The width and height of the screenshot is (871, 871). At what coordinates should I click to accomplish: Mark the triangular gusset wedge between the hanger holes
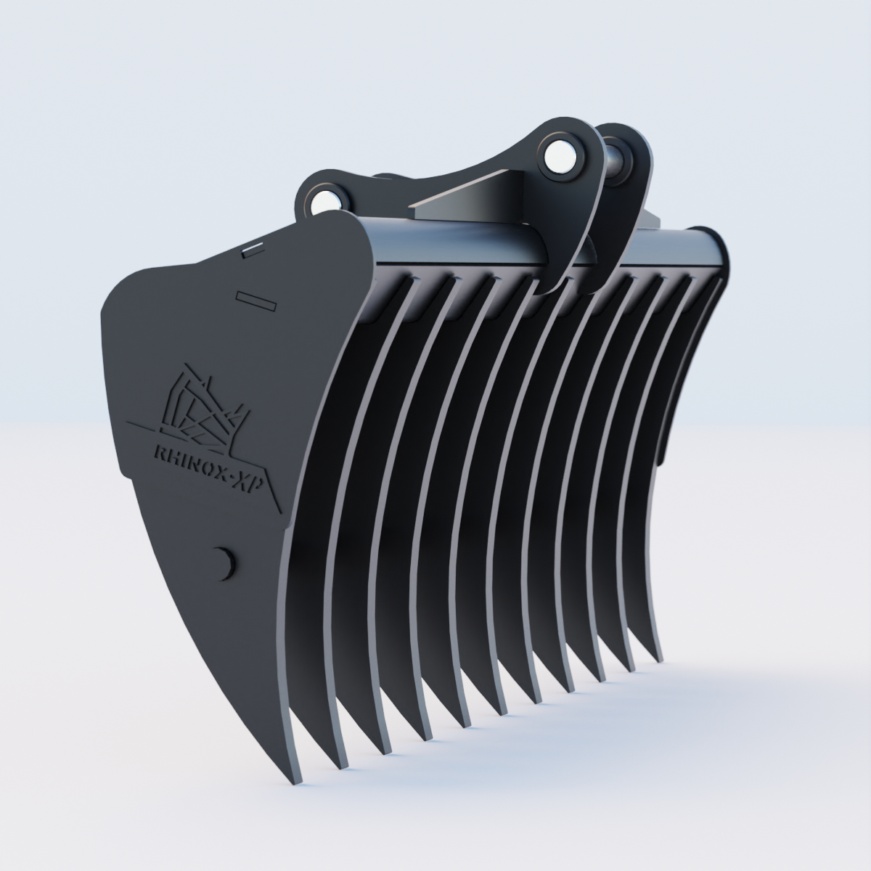(465, 195)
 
